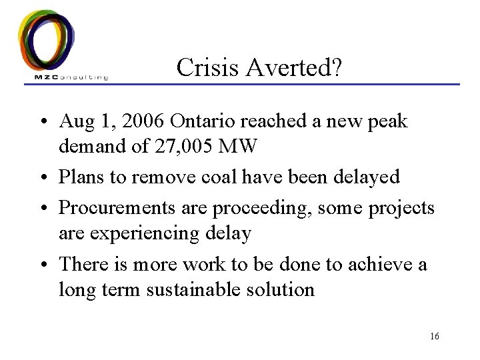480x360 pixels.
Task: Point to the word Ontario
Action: coord(207,122)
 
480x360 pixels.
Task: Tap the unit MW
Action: coord(239,146)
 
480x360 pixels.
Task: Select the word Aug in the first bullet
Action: coord(75,122)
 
